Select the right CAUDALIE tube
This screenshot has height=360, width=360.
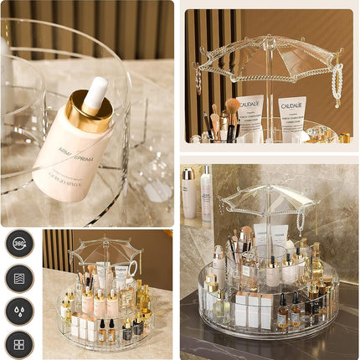[291, 115]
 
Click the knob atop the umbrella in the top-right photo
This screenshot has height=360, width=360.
[268, 39]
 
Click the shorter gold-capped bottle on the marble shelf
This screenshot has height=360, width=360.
[189, 193]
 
